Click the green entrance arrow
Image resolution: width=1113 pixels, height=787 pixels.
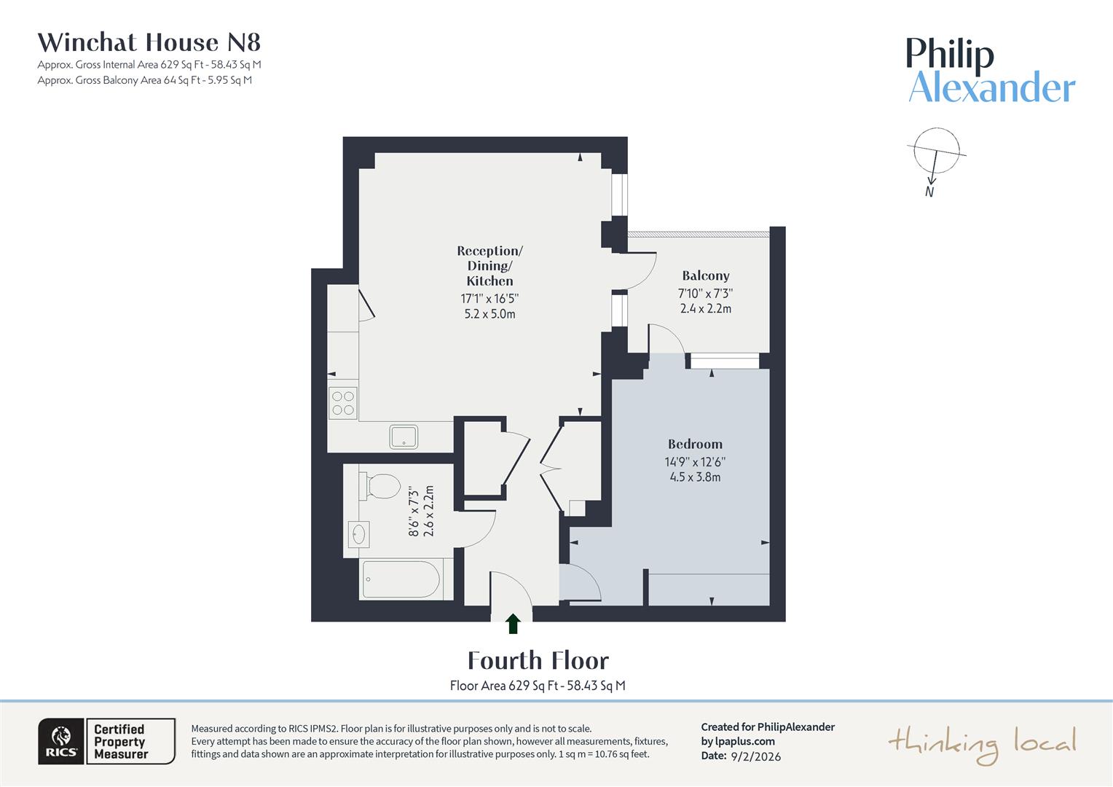pos(513,623)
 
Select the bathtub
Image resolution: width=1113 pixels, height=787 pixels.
pos(401,580)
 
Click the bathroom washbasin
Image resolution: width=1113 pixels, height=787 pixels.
pos(358,534)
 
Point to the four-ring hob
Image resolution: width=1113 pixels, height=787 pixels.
pos(343,403)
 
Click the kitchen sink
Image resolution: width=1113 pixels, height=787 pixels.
pos(404,436)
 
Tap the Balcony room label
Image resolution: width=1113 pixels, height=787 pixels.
pos(705,275)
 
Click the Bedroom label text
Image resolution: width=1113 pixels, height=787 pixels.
pos(695,444)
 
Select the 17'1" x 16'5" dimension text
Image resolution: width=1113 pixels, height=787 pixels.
pos(489,299)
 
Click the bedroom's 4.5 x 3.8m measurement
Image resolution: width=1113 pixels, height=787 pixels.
pos(695,477)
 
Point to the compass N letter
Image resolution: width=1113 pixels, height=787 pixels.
pos(929,192)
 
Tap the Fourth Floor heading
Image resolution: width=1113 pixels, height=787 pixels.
pos(538,660)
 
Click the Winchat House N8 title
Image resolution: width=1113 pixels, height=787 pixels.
pos(149,42)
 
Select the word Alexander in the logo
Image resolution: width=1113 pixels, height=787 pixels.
pos(991,88)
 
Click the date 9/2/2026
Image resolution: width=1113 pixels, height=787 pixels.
pos(755,756)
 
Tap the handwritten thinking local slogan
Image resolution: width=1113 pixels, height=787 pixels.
pos(982,744)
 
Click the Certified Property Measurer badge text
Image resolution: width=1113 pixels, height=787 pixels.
pos(121,742)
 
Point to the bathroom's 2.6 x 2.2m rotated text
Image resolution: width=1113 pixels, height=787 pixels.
pos(429,511)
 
